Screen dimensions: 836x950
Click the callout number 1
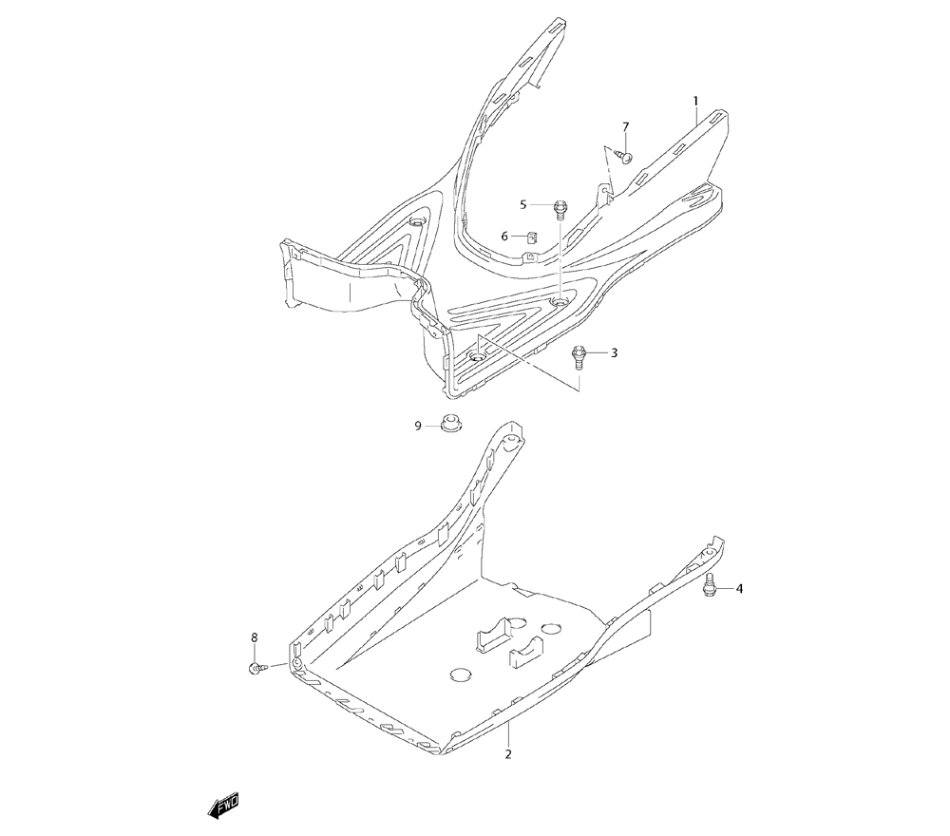695,101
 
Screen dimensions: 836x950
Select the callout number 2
508,755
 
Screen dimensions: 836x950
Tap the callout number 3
614,353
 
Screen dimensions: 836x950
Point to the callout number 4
739,589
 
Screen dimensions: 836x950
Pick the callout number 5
522,204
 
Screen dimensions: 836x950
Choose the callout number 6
504,236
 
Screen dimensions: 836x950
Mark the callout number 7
626,127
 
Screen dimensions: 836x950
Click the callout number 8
254,636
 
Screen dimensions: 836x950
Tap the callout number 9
417,427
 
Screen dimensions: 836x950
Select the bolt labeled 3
577,356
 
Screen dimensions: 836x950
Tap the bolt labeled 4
709,589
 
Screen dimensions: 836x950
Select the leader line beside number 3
598,353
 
